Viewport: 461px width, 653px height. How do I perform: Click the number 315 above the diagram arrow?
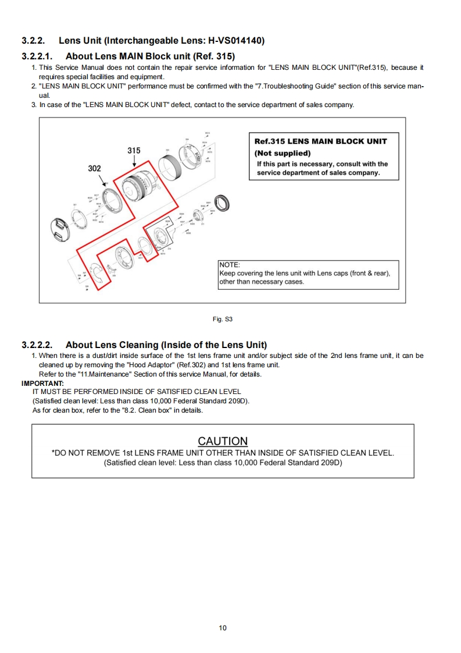(134, 150)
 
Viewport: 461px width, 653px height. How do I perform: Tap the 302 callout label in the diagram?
(94, 168)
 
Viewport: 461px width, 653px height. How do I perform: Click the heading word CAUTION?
(223, 441)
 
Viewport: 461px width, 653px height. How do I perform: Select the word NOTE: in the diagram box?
(230, 265)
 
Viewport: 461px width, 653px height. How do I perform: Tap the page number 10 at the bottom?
(223, 627)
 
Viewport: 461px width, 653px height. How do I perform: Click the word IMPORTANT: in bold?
(42, 383)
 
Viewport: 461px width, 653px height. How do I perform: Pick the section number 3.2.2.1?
(37, 56)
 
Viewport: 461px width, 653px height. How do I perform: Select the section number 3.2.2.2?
(37, 345)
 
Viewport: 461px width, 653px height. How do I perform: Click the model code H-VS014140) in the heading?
(233, 41)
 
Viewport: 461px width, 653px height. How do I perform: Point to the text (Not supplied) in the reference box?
(283, 153)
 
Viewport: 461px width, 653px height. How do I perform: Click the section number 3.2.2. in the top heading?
(34, 41)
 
